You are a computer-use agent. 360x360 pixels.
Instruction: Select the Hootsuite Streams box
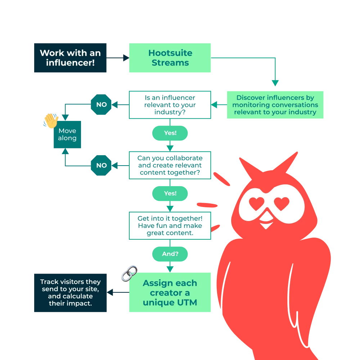(170, 58)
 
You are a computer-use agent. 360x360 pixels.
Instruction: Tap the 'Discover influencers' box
(275, 105)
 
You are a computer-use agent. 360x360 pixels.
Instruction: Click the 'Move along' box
(67, 134)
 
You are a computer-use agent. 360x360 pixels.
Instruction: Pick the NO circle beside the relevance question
(101, 104)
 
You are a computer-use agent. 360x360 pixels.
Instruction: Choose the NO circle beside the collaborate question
(101, 165)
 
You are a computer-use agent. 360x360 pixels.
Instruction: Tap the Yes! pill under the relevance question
(170, 133)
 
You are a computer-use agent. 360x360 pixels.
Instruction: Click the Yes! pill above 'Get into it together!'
(170, 193)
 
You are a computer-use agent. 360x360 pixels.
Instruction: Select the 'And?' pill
(170, 254)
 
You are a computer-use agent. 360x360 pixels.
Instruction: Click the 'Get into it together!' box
(170, 226)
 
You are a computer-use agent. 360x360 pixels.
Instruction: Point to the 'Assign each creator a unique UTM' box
(170, 293)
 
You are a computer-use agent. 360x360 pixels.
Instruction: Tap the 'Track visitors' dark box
(70, 293)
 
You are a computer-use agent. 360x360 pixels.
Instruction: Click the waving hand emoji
(50, 121)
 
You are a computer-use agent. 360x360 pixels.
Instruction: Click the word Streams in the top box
(170, 63)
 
